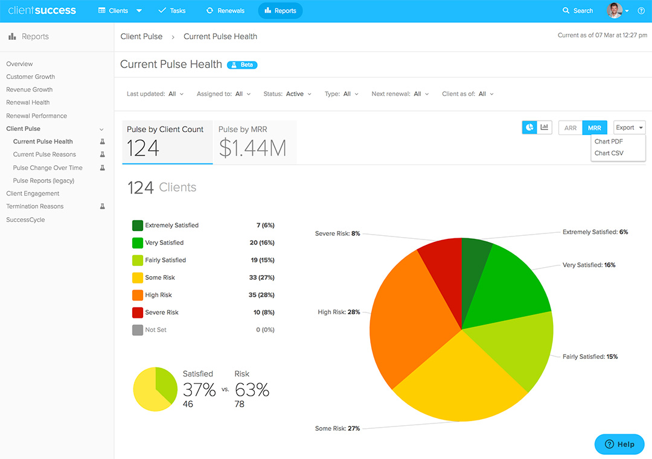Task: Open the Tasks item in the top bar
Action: tap(171, 11)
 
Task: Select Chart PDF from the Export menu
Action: tap(609, 142)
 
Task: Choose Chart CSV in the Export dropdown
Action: tap(609, 153)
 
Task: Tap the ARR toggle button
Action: tap(570, 128)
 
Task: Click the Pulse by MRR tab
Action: tap(255, 142)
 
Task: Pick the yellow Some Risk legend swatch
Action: tap(138, 277)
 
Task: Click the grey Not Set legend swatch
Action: tap(138, 330)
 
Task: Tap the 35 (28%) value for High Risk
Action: tap(261, 295)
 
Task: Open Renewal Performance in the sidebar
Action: tap(36, 116)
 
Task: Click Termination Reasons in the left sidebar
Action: tap(34, 206)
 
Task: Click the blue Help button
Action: tap(619, 444)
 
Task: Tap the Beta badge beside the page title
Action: tap(242, 65)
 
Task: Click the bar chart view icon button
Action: tap(545, 127)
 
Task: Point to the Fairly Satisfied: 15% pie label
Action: tap(590, 356)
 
